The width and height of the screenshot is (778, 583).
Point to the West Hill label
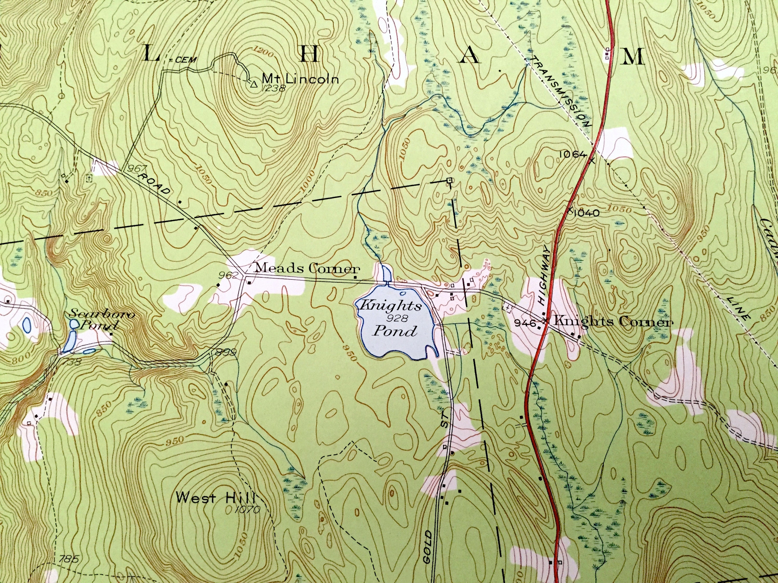[215, 498]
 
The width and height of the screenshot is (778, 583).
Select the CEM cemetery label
[184, 60]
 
